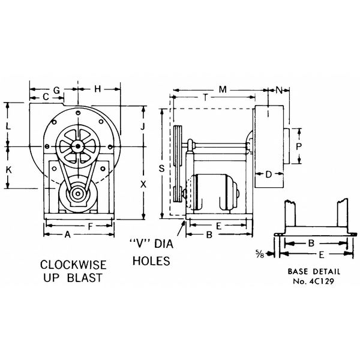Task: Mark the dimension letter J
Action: point(142,127)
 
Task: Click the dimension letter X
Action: point(142,185)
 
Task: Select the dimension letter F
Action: point(90,226)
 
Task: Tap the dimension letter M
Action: point(222,90)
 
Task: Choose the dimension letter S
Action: point(162,170)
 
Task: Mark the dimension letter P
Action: point(298,146)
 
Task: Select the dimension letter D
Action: point(269,175)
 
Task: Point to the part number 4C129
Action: point(322,280)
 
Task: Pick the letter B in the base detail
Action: point(310,244)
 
